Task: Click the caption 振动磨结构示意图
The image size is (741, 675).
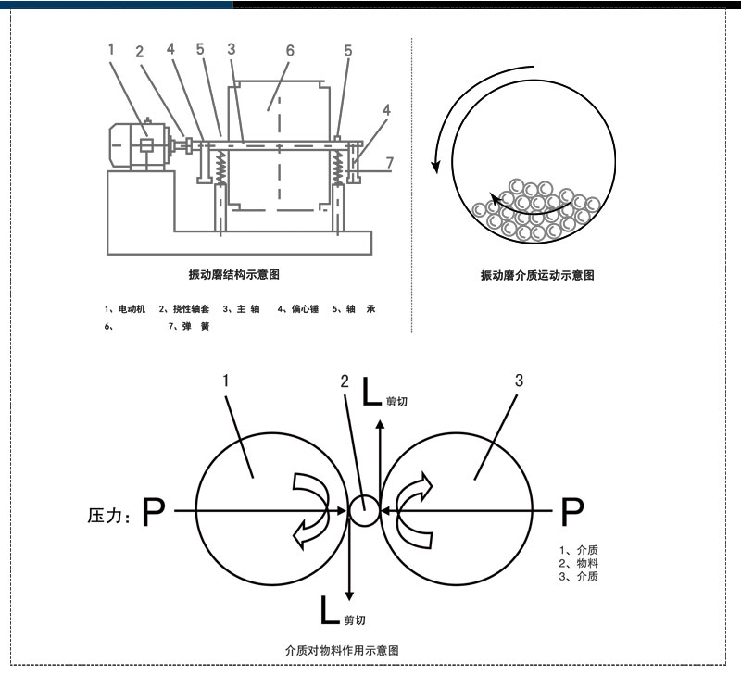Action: coord(233,274)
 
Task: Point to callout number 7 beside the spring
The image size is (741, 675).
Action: coord(390,163)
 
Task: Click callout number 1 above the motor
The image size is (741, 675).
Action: coord(111,49)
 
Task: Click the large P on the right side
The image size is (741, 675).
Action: coord(573,510)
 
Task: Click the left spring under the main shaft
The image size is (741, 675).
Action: coord(222,169)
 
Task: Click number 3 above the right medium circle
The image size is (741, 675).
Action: coord(519,381)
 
